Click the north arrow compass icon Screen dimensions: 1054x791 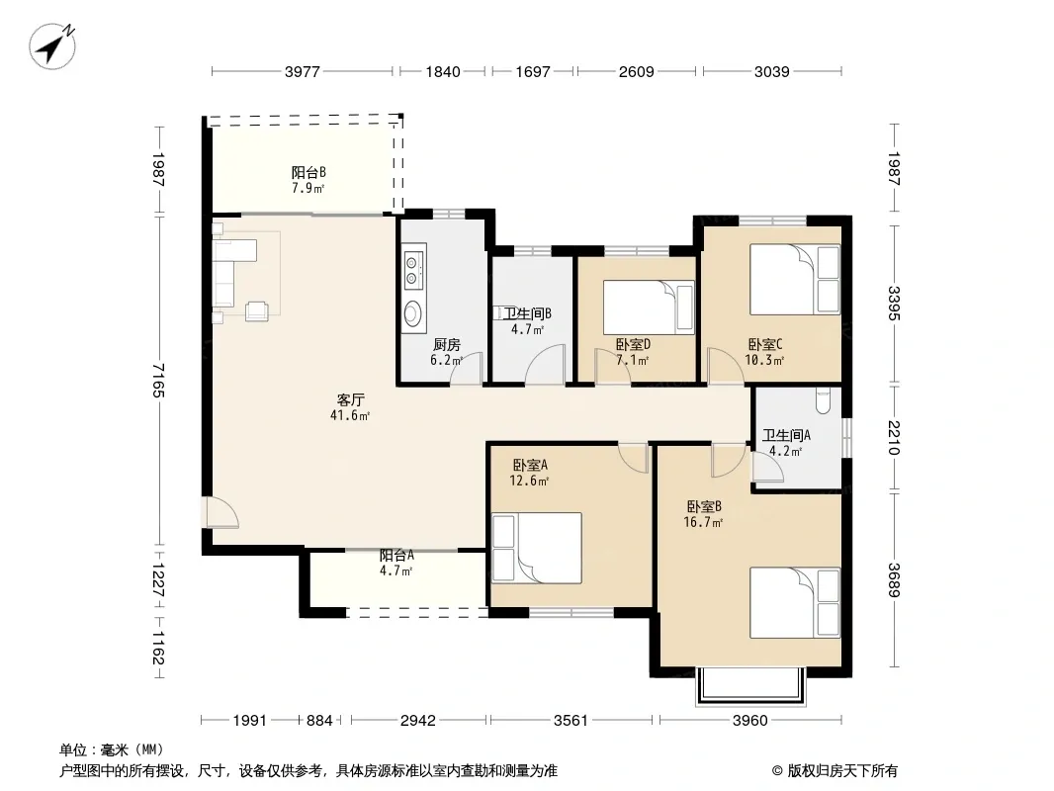coord(51,45)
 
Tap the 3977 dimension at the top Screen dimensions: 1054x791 coord(302,72)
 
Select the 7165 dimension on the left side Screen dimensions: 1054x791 coord(158,381)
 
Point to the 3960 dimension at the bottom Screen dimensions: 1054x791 coord(749,721)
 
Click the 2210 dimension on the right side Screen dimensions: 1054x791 coord(894,437)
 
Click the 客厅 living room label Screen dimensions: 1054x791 coord(350,399)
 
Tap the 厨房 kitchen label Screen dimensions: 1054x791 coord(446,345)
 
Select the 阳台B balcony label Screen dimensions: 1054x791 coord(308,173)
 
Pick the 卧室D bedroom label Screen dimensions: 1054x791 coord(633,345)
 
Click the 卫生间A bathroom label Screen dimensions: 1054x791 coord(786,435)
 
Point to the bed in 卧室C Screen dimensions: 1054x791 coord(795,279)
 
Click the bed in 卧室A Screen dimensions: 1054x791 coord(537,548)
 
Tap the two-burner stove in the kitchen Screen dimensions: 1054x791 coord(412,270)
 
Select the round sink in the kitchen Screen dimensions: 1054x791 coord(412,312)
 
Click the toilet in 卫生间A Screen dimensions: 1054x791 coord(824,400)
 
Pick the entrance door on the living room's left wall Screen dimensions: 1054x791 coord(220,512)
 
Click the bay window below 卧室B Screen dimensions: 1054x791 coord(750,685)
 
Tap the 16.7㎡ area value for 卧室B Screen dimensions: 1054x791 coord(703,522)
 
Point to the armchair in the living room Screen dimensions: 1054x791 coord(257,311)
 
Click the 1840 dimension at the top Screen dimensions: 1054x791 coord(442,72)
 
